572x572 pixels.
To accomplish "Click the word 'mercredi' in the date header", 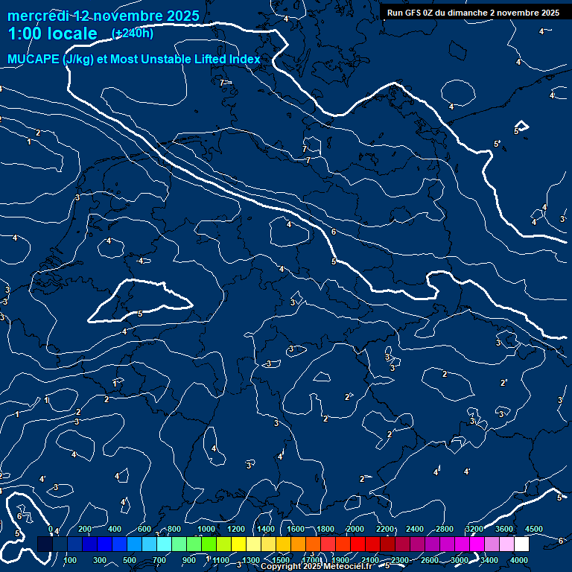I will coord(37,16).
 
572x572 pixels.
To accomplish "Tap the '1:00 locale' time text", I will coord(52,34).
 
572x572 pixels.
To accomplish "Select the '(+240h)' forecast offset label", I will coord(132,34).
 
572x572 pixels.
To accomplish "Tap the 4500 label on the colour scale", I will coord(534,529).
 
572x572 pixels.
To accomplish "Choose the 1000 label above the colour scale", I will coord(206,529).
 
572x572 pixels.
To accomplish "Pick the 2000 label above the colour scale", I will coord(355,529).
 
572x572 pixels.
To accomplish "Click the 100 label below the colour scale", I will coord(71,560).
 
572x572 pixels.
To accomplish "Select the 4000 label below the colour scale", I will coord(519,560).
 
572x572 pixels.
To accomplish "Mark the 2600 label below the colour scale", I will coord(430,560).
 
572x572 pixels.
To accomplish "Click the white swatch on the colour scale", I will coord(521,544).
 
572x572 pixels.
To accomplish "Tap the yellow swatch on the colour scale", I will coord(253,544).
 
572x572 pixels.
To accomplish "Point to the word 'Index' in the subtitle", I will coord(244,60).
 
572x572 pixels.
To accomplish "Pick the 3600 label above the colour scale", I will coord(504,529).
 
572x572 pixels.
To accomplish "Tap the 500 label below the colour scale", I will coord(130,560).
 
